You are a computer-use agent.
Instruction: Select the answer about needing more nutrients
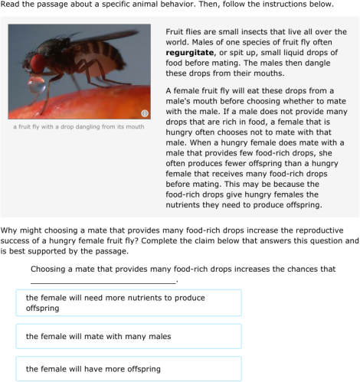[128, 302]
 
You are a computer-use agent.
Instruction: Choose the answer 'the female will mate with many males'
[128, 336]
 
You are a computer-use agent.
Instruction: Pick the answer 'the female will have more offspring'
[128, 369]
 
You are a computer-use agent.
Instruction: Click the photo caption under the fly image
[80, 126]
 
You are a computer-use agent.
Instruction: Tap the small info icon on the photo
[144, 113]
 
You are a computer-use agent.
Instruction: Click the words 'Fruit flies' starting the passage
[185, 31]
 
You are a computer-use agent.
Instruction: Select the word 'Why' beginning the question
[10, 230]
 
